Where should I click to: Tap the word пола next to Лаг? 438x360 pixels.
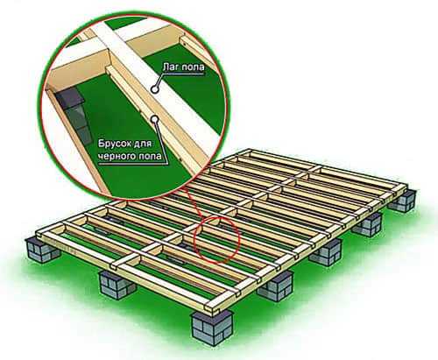pos(193,67)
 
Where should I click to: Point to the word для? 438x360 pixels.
pos(145,145)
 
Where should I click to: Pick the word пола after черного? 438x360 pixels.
pos(150,156)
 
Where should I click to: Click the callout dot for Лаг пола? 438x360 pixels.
pos(155,89)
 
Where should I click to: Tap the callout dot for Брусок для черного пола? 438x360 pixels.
pos(155,118)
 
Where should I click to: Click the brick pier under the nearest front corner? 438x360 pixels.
pos(213,328)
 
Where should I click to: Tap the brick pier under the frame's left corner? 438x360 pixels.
pos(42,250)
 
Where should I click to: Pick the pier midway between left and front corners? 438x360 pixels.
pos(117,285)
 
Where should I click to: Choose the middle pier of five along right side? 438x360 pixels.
pos(325,252)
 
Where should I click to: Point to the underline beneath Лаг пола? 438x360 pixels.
pos(184,74)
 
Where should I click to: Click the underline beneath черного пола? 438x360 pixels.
pos(133,163)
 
